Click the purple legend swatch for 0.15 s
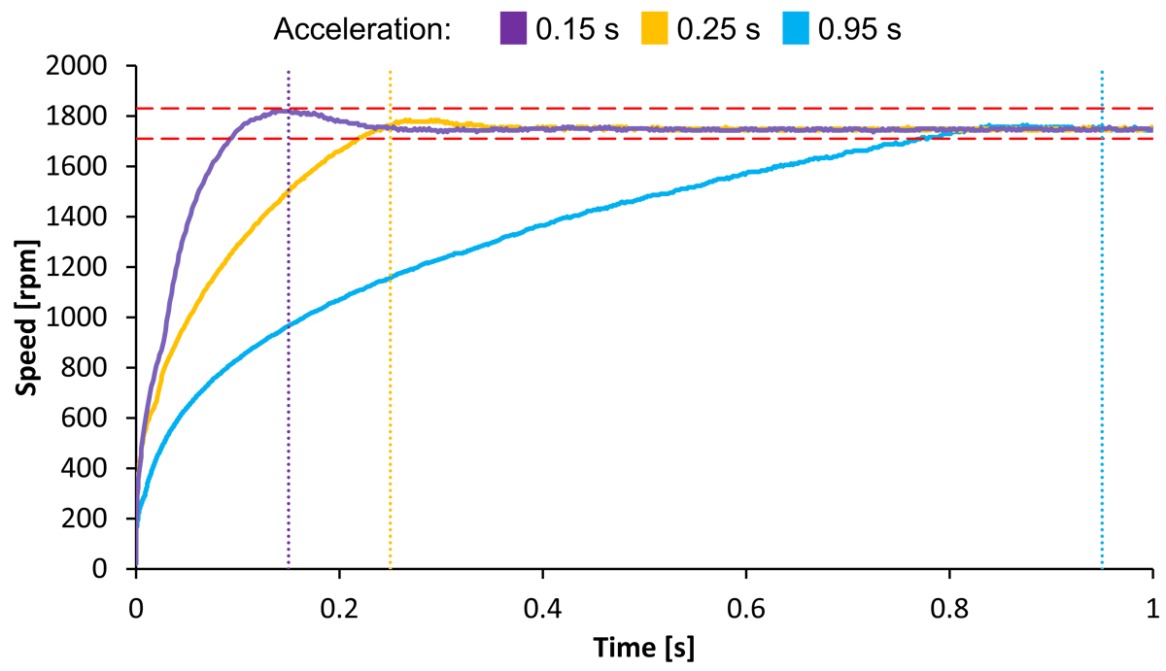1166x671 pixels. click(x=511, y=29)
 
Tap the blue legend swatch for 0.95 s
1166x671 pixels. click(x=796, y=29)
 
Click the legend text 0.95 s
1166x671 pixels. click(x=860, y=30)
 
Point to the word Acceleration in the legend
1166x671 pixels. click(x=362, y=30)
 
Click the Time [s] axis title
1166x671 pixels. click(x=644, y=646)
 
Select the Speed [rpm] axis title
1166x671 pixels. click(x=26, y=318)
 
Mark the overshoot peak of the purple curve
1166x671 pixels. click(x=282, y=111)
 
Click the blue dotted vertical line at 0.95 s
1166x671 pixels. click(x=1102, y=340)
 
